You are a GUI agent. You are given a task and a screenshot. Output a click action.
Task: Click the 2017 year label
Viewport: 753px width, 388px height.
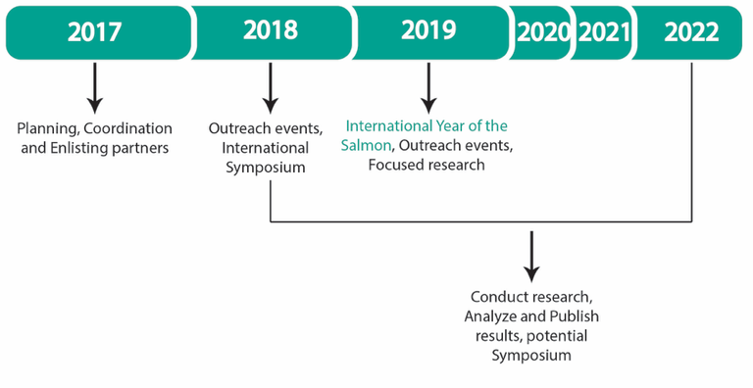[x=95, y=31]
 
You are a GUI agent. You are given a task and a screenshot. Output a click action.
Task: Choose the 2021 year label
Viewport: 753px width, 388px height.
[x=603, y=32]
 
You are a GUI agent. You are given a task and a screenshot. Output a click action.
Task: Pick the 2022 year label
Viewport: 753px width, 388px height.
[x=691, y=32]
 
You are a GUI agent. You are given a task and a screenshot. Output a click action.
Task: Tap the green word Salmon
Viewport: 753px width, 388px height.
[x=367, y=145]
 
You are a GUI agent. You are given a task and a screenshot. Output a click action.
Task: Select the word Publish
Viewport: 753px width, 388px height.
[x=573, y=316]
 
